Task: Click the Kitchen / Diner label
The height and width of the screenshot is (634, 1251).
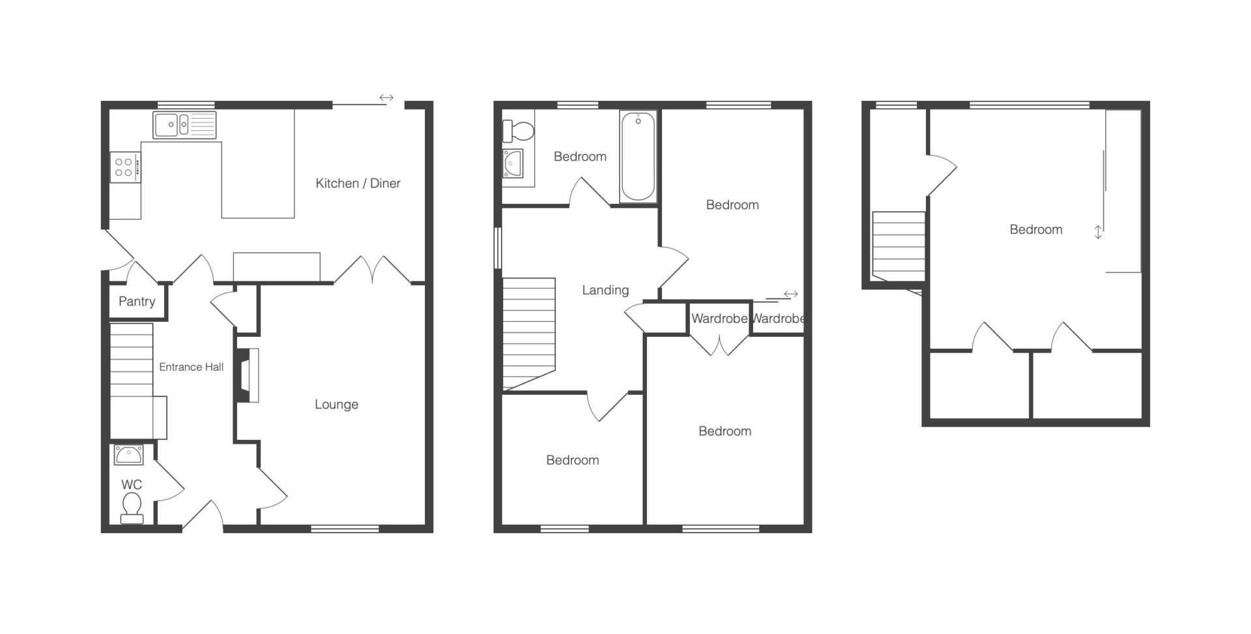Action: pos(358,184)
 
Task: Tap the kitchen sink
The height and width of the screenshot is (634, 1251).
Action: pos(184,125)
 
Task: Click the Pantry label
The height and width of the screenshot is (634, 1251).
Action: pos(137,302)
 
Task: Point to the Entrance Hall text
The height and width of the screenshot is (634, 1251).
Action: pos(191,367)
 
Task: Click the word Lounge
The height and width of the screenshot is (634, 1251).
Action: pos(336,405)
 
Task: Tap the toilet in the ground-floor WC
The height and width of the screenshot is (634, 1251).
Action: pos(132,508)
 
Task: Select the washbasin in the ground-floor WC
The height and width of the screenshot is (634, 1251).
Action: pos(129,455)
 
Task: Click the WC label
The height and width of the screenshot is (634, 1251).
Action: pos(132,485)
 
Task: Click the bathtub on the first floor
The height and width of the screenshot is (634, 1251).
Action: pos(638,157)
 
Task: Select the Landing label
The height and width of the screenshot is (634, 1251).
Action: pos(605,291)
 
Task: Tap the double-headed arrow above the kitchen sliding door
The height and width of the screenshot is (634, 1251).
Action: pos(386,98)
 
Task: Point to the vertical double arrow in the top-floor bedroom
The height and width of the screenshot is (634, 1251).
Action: pos(1098,232)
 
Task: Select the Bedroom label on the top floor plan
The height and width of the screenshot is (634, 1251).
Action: pos(1036,230)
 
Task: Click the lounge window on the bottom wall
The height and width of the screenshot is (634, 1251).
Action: pos(345,528)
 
